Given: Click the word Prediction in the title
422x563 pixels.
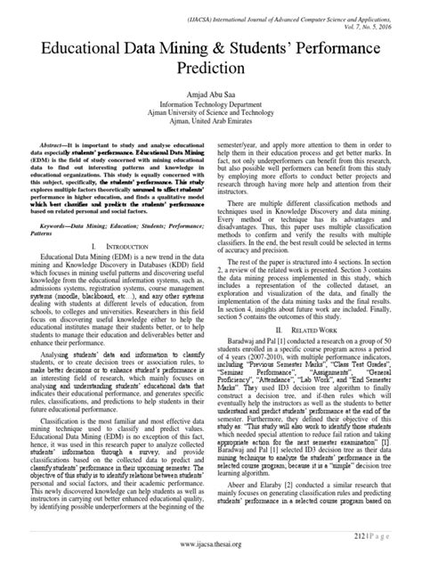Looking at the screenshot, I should click(x=211, y=67).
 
